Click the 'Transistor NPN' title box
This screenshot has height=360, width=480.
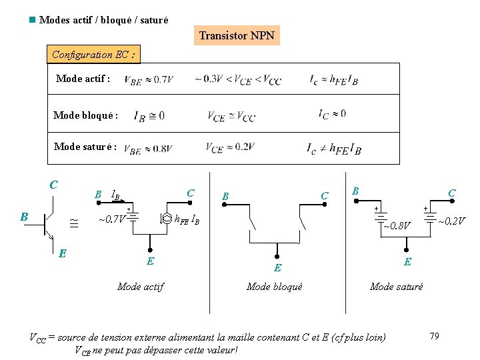237,35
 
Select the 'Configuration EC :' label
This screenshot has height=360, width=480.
93,55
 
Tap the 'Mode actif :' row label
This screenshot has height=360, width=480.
83,79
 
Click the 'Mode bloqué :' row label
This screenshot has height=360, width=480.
85,115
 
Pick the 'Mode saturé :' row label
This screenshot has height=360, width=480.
85,147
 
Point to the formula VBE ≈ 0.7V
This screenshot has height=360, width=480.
148,79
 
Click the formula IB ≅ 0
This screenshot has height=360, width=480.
149,116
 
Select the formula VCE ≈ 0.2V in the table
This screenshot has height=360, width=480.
230,147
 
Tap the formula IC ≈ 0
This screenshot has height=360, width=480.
332,114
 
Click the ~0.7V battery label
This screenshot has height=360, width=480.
111,219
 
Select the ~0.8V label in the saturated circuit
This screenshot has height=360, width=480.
397,226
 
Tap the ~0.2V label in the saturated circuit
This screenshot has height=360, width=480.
451,221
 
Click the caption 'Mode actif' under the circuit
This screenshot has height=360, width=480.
141,287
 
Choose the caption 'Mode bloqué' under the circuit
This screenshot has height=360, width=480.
274,287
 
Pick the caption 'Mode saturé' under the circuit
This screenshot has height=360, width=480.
396,287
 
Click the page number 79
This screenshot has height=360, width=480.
434,336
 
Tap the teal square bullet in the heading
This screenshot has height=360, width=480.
31,20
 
